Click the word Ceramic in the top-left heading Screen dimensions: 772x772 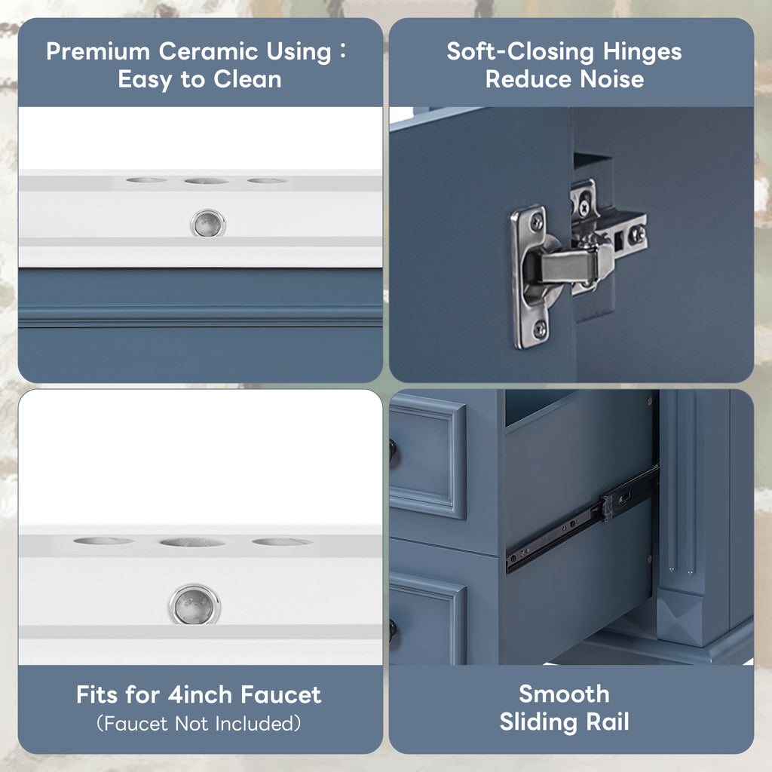201,52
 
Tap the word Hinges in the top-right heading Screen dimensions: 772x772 642,52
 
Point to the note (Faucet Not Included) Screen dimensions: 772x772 199,724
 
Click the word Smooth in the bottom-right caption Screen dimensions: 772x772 564,694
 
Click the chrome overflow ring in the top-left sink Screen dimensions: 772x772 207,223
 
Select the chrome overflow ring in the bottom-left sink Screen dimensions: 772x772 195,605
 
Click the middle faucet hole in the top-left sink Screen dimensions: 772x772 206,181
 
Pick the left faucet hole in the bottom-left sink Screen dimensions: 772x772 103,541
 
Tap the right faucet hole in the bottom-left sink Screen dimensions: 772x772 281,541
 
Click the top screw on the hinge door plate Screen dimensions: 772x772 536,222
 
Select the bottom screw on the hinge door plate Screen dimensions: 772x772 539,329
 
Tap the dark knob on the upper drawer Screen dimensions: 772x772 393,449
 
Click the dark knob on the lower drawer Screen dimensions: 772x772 393,629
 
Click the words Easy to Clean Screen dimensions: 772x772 199,79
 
